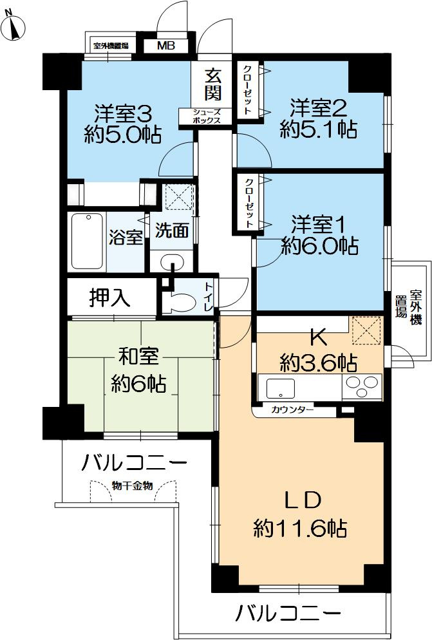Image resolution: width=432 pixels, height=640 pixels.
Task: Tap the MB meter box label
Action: (x=165, y=46)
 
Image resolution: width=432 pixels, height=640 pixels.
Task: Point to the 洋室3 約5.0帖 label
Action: (x=122, y=124)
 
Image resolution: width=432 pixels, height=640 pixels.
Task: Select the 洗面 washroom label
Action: (x=172, y=231)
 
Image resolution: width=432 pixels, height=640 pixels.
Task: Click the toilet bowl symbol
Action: (x=182, y=302)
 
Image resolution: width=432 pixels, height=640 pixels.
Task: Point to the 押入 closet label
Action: (x=110, y=297)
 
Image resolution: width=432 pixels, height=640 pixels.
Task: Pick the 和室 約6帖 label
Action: (x=138, y=372)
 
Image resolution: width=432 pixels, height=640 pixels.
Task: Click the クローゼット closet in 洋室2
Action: (x=246, y=89)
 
